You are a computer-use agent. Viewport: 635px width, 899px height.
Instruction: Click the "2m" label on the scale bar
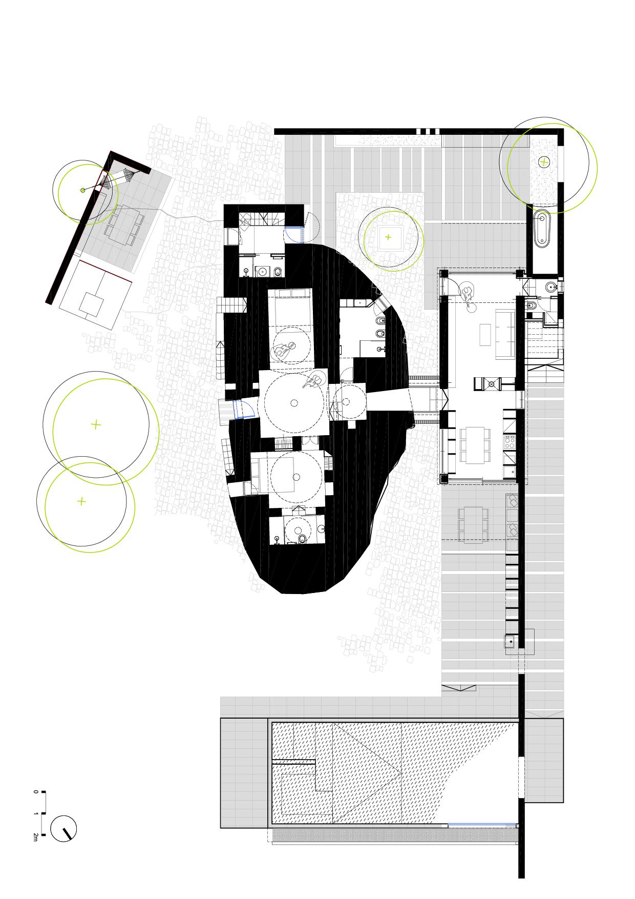pyautogui.click(x=35, y=837)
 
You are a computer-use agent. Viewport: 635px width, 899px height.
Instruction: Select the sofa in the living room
pyautogui.click(x=501, y=335)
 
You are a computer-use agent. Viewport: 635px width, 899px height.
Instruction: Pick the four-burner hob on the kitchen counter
pyautogui.click(x=509, y=442)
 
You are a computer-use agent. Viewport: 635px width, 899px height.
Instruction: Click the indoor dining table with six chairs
pyautogui.click(x=472, y=445)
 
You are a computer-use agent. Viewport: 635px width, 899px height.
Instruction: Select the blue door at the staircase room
pyautogui.click(x=294, y=234)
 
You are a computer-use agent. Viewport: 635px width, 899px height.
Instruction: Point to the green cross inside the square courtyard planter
pyautogui.click(x=388, y=237)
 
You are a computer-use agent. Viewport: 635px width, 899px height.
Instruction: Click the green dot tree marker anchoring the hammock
pyautogui.click(x=83, y=190)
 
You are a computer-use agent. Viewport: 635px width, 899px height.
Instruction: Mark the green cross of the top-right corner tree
pyautogui.click(x=543, y=162)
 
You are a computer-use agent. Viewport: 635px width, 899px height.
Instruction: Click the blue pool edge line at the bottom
pyautogui.click(x=481, y=824)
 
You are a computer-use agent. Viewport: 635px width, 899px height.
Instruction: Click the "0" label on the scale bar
pyautogui.click(x=35, y=792)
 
